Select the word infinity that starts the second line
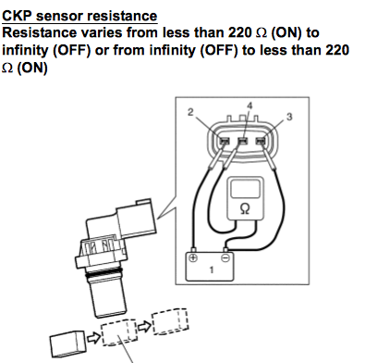click(x=25, y=50)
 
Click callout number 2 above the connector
click(x=190, y=112)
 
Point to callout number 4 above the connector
click(x=249, y=106)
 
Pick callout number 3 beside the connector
click(x=289, y=117)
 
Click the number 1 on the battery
click(x=212, y=270)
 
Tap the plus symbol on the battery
click(x=193, y=257)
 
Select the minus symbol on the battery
click(x=226, y=257)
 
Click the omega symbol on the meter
click(x=245, y=208)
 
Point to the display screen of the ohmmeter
click(x=245, y=189)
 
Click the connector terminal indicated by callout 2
click(x=225, y=142)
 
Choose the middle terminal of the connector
click(x=243, y=142)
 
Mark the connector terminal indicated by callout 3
click(x=261, y=142)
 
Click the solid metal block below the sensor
click(x=67, y=343)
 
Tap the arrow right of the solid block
click(x=93, y=338)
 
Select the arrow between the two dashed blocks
click(x=144, y=327)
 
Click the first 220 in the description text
click(x=240, y=32)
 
